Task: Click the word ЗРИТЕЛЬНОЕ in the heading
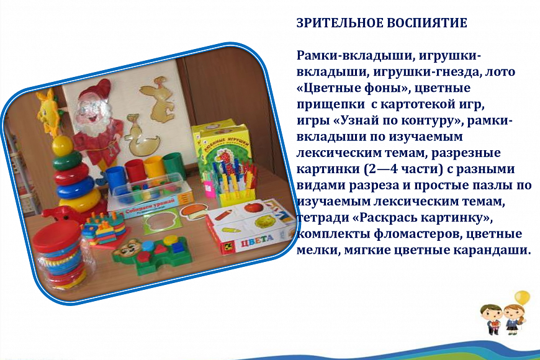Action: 340,23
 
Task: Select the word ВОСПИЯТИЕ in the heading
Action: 427,23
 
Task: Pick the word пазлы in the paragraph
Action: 486,186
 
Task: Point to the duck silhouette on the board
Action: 142,135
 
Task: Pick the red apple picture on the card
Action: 253,208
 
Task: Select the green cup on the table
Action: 174,165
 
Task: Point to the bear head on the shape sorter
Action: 125,250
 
